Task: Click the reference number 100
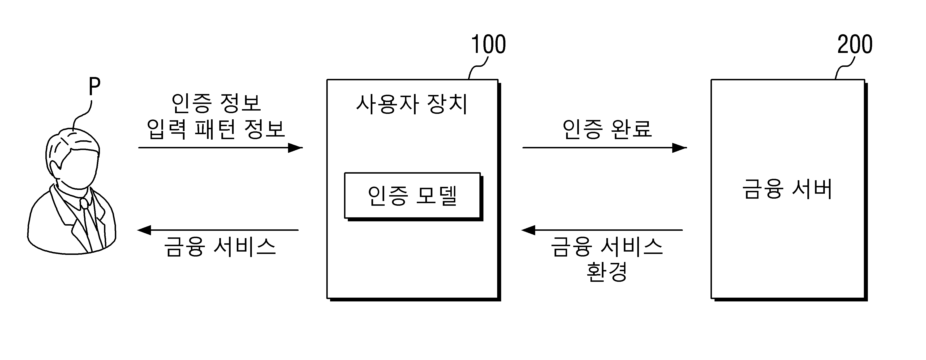click(x=488, y=45)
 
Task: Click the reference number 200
click(x=855, y=45)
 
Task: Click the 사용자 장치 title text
click(x=412, y=104)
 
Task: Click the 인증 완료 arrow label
click(x=607, y=129)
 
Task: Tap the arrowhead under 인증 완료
click(x=679, y=148)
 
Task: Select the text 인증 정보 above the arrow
click(x=216, y=103)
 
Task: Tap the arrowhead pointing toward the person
click(x=145, y=230)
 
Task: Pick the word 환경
click(x=607, y=272)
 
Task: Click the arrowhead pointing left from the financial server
click(x=528, y=230)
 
